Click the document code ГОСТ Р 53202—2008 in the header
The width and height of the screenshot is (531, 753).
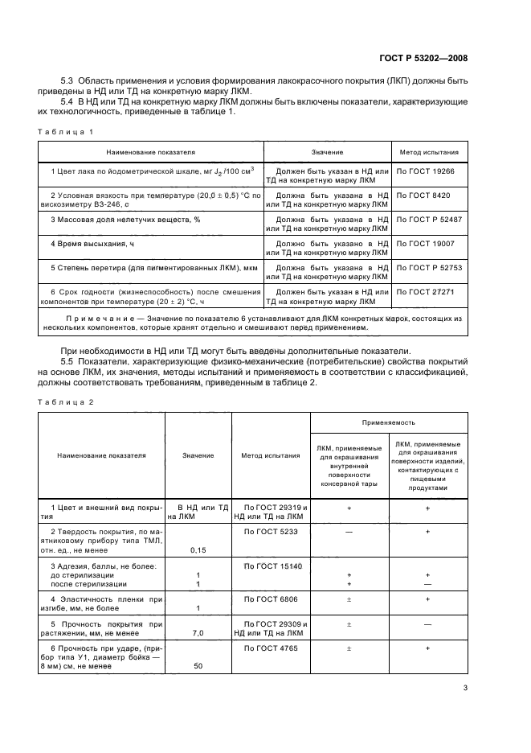click(x=424, y=57)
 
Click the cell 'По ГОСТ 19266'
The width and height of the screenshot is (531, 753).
click(x=425, y=172)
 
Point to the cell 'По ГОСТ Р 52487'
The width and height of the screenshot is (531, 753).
click(x=429, y=219)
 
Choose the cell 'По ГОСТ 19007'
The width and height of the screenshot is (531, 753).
click(x=425, y=242)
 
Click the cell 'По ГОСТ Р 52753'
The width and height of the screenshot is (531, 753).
click(x=429, y=266)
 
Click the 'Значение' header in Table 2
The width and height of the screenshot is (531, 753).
click(x=198, y=455)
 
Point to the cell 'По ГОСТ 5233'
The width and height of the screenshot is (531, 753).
click(x=271, y=532)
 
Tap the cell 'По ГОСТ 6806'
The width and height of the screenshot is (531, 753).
click(x=271, y=599)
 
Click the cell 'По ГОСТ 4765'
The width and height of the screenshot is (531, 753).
click(x=271, y=648)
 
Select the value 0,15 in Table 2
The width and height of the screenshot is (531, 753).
click(x=198, y=549)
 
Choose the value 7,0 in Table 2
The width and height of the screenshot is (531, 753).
click(x=198, y=633)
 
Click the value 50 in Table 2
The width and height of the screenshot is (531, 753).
click(x=198, y=667)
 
